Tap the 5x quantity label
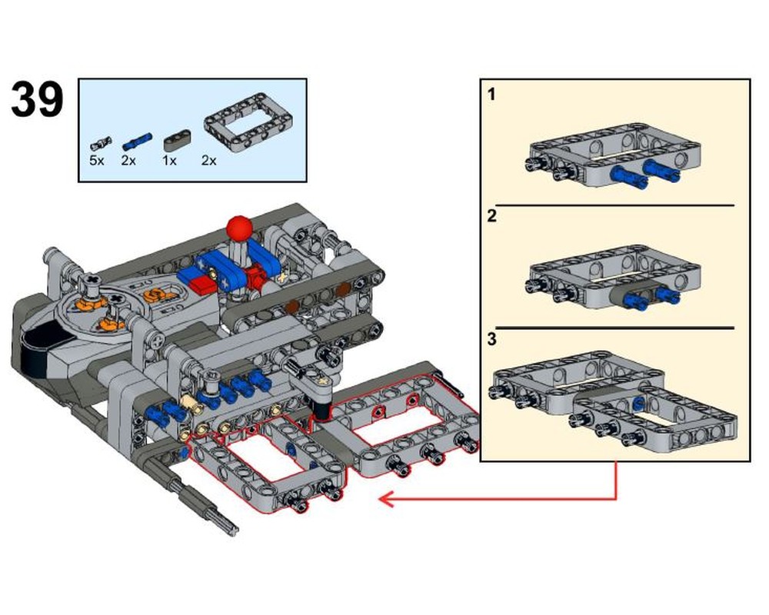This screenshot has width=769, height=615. coord(96,161)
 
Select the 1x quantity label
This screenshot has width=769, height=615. coord(169,161)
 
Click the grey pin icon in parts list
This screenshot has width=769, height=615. coord(100,143)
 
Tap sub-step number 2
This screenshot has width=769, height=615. coord(492,215)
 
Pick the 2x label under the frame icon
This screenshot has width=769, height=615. coord(209,161)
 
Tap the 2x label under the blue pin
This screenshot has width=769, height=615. coord(128,161)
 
